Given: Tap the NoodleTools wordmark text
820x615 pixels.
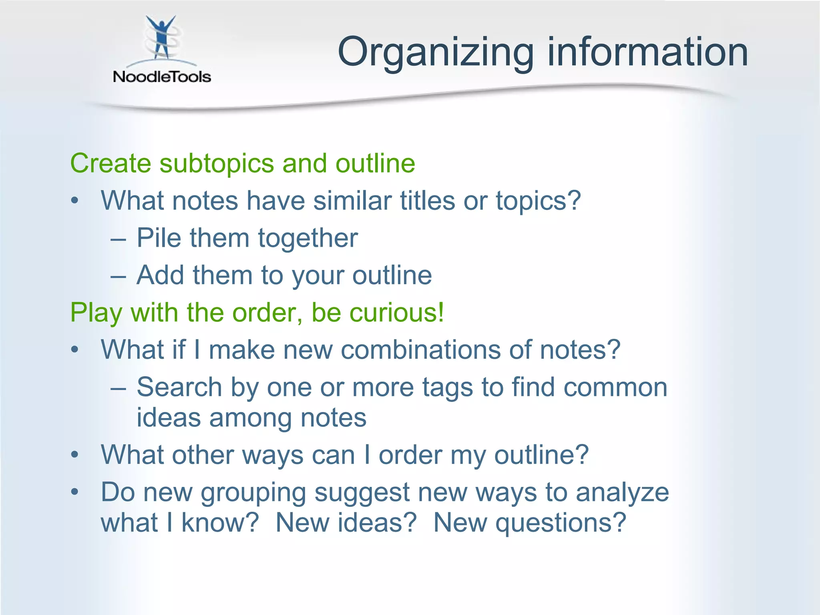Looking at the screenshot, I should pyautogui.click(x=162, y=76).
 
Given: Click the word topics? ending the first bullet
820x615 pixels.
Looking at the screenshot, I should pyautogui.click(x=538, y=201).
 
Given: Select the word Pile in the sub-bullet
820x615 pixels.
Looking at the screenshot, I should pyautogui.click(x=159, y=238).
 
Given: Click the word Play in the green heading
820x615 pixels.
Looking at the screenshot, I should pyautogui.click(x=96, y=313).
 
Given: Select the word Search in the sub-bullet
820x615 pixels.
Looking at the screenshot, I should pyautogui.click(x=179, y=387).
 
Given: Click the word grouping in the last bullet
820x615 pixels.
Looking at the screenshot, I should pyautogui.click(x=253, y=493).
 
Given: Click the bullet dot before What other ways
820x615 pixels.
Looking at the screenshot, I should pyautogui.click(x=74, y=455).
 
